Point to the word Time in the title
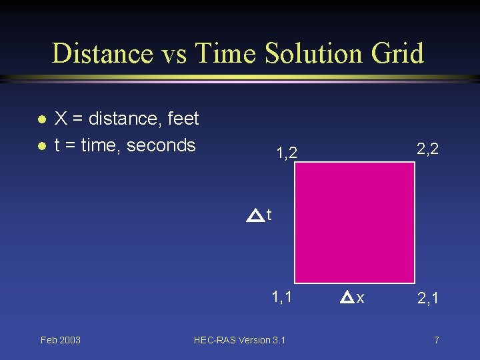pos(219,53)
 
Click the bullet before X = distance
pos(41,120)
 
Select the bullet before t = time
pos(41,146)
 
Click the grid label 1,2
pos(287,155)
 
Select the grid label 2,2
pos(427,149)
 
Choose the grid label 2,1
pos(427,298)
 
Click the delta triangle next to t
pos(254,215)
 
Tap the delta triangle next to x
pos(347,298)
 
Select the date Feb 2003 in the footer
pos(60,340)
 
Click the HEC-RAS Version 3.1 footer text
pos(239,340)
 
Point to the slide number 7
pos(436,340)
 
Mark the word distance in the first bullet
pos(121,119)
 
